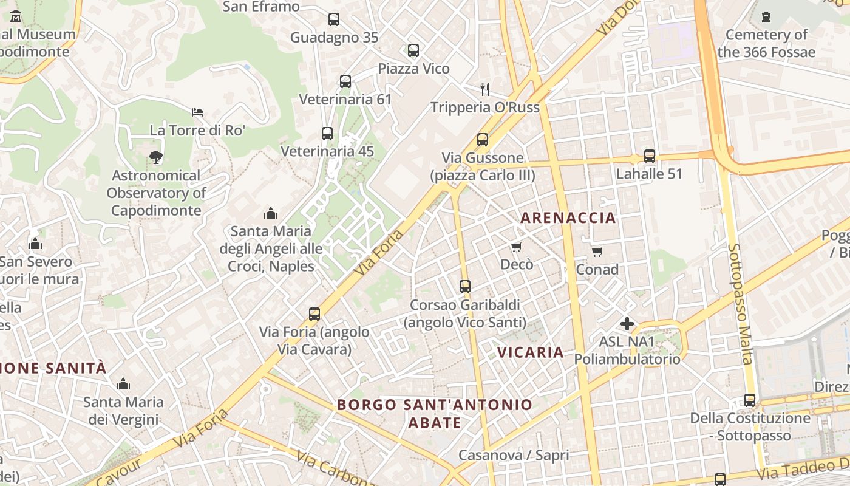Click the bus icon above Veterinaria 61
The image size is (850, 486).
pos(345,81)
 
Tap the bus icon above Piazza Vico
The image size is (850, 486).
pos(413,50)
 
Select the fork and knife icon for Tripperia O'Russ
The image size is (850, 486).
pos(484,89)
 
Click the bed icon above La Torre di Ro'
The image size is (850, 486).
pos(197,112)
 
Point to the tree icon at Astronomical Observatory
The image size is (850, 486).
pos(156,157)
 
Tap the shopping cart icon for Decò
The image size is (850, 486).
pos(516,247)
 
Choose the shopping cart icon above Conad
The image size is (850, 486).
pos(597,252)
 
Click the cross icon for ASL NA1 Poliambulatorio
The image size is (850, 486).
pos(627,324)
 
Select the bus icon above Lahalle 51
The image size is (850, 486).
pos(650,156)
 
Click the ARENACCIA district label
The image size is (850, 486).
pos(568,217)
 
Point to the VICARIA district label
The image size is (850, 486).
pos(531,352)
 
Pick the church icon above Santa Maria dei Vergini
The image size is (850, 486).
pos(123,384)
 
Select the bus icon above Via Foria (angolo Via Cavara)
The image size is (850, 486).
pos(314,314)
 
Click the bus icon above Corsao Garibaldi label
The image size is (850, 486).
pos(465,286)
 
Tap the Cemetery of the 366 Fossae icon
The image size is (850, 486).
pos(766,17)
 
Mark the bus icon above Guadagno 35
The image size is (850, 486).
pos(334,19)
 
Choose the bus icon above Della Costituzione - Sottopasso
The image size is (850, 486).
pos(750,400)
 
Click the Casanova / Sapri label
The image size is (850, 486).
pos(514,455)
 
